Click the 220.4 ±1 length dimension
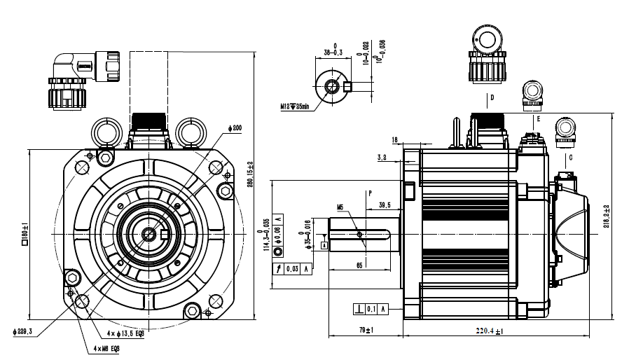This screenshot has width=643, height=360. click(x=490, y=331)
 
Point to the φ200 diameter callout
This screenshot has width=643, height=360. click(x=235, y=128)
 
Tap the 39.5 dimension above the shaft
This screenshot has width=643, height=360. click(x=385, y=205)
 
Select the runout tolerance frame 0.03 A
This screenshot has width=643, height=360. click(x=292, y=268)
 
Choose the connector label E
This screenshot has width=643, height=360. click(x=538, y=120)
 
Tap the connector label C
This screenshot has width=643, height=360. click(x=570, y=158)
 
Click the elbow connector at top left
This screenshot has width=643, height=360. click(x=76, y=81)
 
